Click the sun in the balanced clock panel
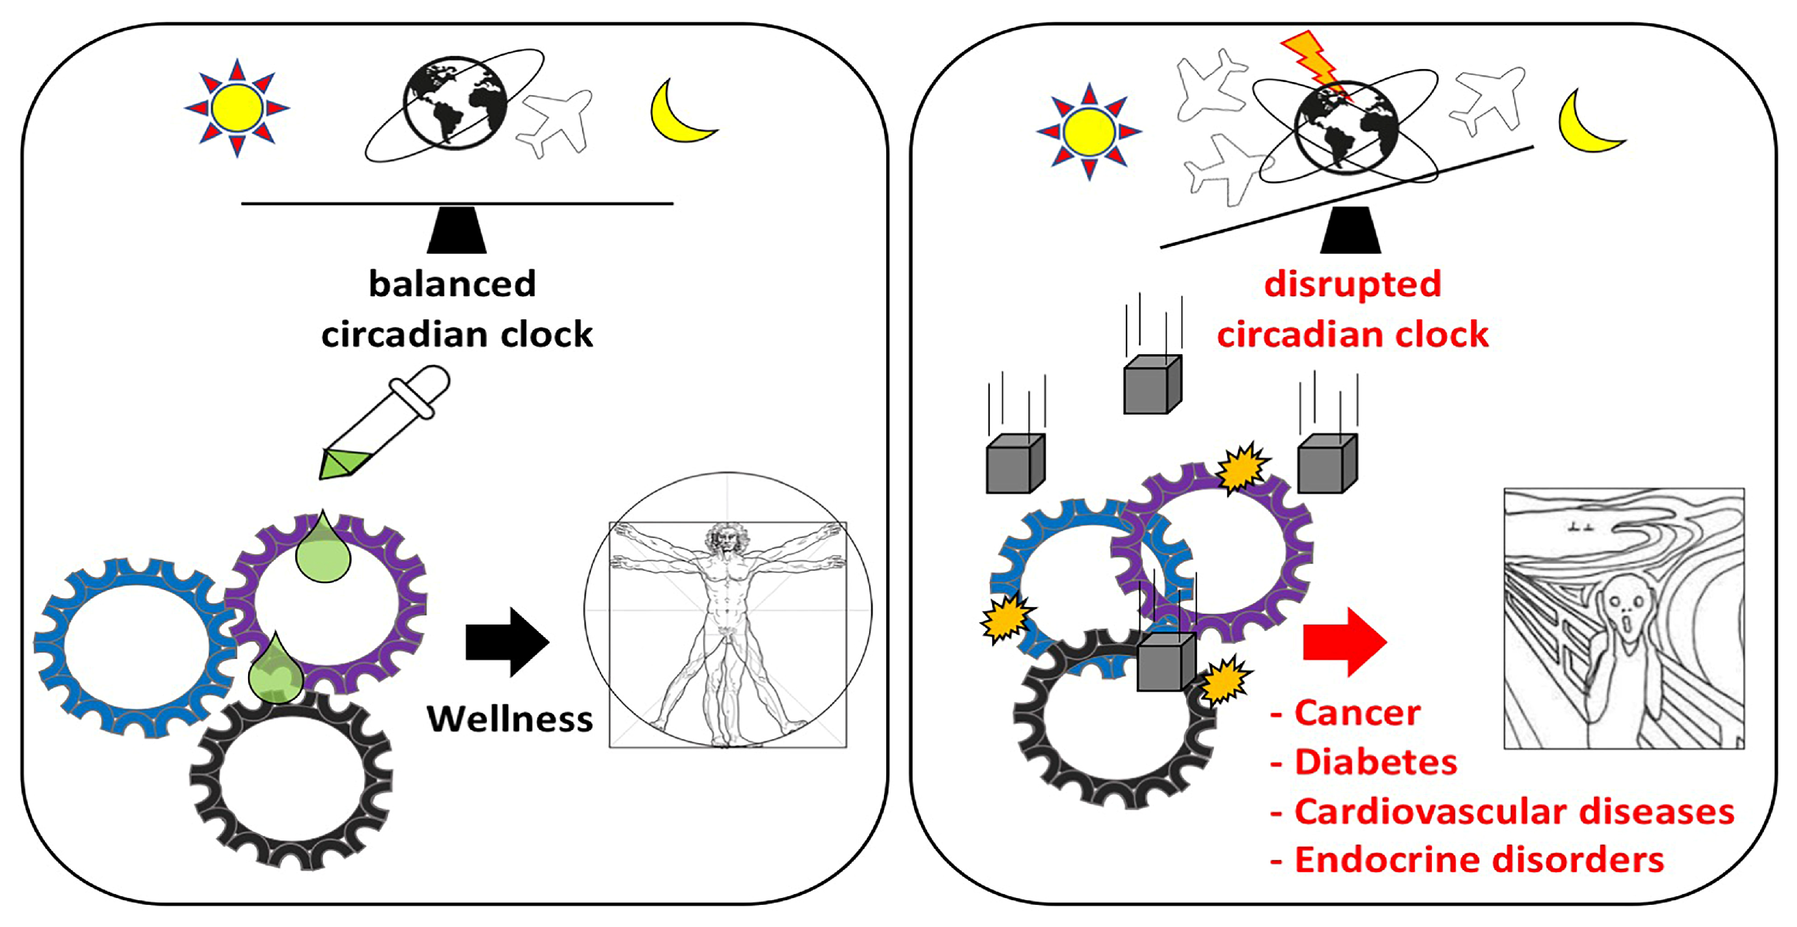[237, 108]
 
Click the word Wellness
[510, 719]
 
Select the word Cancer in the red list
[1357, 713]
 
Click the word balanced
[452, 284]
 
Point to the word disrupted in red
[1352, 284]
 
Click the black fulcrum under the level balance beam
[457, 231]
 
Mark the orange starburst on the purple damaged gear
[1242, 467]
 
